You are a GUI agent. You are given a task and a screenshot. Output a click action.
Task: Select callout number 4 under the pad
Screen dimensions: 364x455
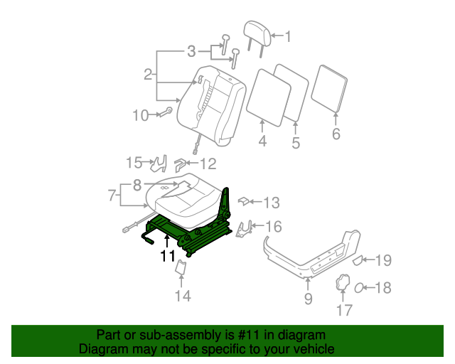262,142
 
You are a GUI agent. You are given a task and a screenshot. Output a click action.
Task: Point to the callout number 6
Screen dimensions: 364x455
336,134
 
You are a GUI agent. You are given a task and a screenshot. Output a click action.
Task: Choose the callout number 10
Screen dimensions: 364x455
140,114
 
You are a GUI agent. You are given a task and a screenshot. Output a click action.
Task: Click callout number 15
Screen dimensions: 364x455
134,163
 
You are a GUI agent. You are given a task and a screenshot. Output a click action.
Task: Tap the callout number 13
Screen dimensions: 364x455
271,203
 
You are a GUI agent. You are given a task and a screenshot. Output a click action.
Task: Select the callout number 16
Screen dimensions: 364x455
273,227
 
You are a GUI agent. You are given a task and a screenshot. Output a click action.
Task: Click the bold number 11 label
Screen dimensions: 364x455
168,256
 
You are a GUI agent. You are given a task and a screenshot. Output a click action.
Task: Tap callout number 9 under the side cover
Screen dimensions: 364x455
308,299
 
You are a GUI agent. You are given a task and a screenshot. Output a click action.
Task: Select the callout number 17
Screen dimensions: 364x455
344,310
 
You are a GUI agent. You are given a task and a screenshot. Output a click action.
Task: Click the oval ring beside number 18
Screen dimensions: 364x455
360,288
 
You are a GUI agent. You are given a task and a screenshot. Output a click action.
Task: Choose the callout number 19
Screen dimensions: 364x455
382,261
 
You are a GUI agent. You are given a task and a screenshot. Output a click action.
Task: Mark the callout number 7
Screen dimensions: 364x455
111,195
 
